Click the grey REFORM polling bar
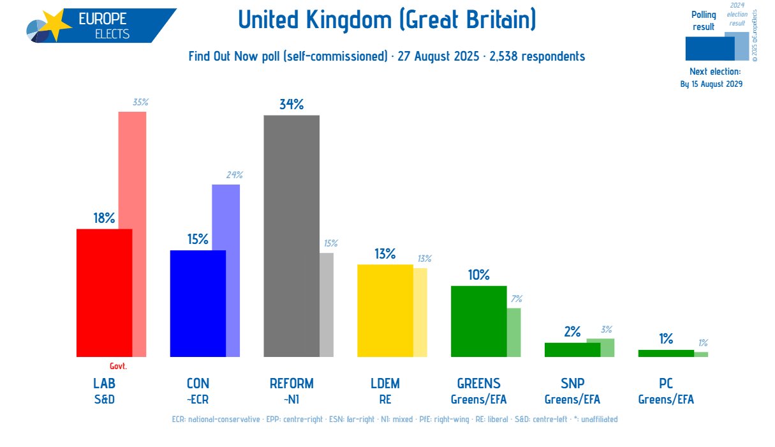[x=292, y=236]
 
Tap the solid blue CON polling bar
[x=198, y=303]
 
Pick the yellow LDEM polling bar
[x=385, y=310]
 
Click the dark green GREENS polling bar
[x=478, y=321]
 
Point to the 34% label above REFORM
[x=292, y=105]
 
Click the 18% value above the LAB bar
[x=104, y=218]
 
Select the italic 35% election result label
[x=140, y=102]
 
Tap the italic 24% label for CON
[x=233, y=175]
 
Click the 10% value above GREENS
[x=478, y=275]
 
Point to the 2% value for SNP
[x=572, y=332]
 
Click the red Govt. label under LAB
[x=118, y=367]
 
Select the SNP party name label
[x=572, y=384]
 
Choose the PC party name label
[x=666, y=384]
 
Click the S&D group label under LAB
[x=104, y=400]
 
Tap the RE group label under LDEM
[x=385, y=400]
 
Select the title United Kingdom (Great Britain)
[x=387, y=20]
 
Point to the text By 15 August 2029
[x=711, y=84]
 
